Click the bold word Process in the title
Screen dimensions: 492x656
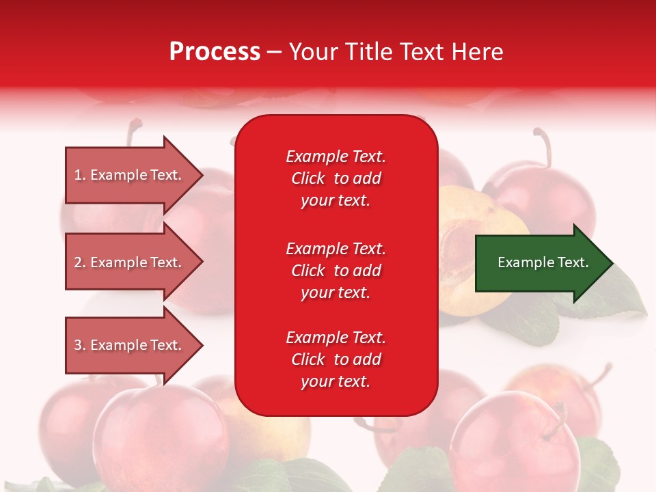point(215,51)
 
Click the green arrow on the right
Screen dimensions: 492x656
point(540,263)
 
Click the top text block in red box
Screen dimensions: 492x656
point(336,178)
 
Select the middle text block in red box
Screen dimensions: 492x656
point(336,271)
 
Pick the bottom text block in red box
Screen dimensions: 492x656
point(336,359)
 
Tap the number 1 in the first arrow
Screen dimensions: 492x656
point(78,175)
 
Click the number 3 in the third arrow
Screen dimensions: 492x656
point(78,345)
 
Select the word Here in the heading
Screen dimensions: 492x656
point(478,51)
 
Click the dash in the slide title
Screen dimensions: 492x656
point(275,52)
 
